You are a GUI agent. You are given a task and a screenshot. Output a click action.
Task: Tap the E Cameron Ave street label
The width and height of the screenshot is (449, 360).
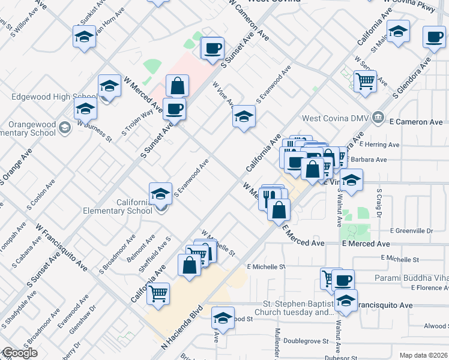[x=417, y=122]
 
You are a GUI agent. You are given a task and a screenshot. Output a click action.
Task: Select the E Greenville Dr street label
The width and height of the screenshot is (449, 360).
[x=411, y=230]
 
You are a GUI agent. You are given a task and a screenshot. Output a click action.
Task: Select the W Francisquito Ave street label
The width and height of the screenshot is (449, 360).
[x=62, y=247]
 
